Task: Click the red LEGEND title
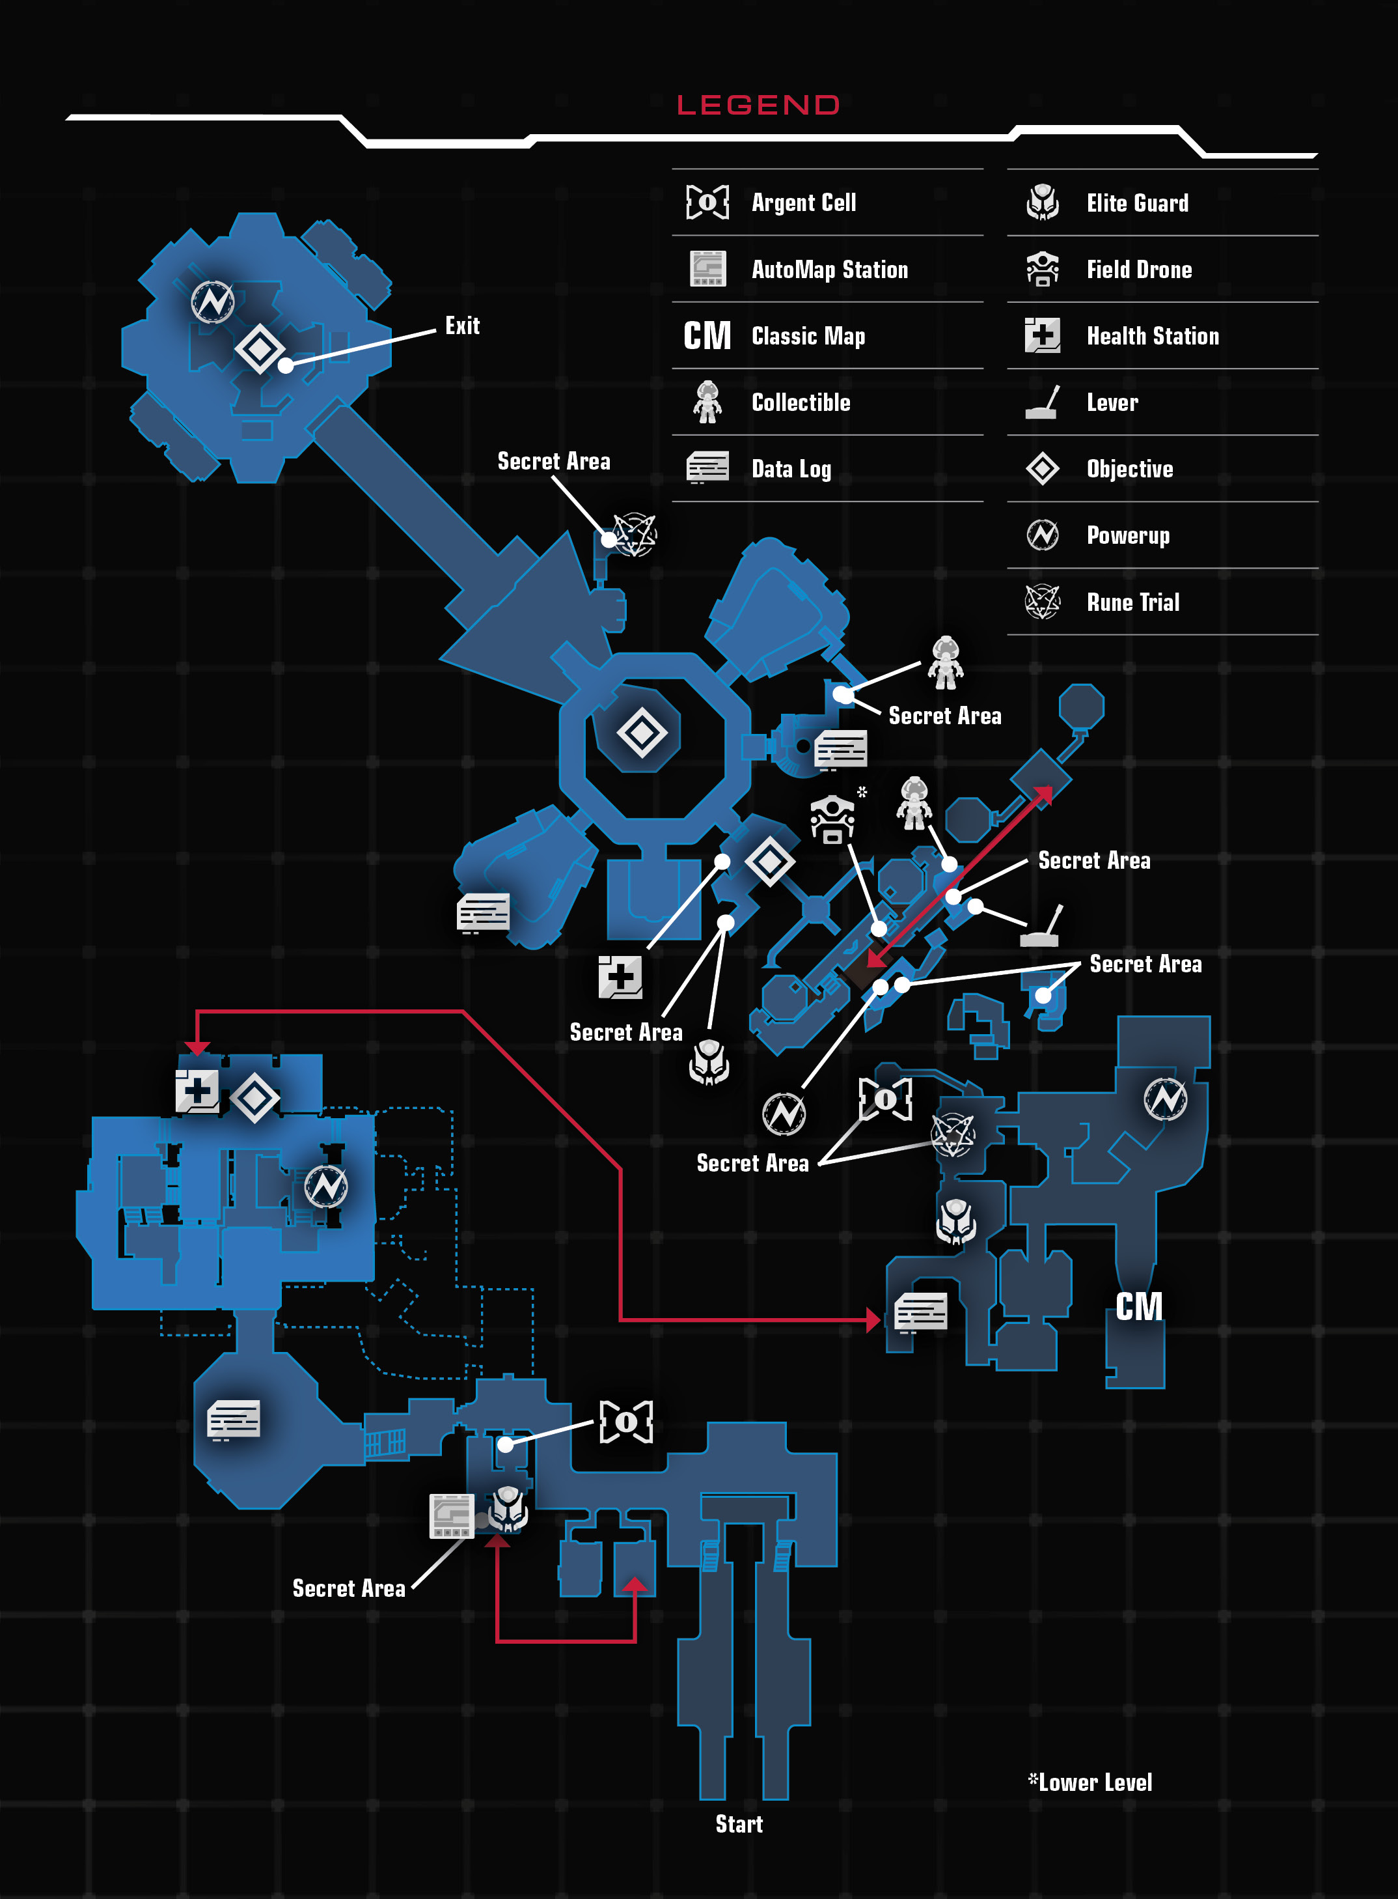[x=758, y=105]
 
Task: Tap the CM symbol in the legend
[x=707, y=336]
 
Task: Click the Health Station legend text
[x=1153, y=336]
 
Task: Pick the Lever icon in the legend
[x=1043, y=402]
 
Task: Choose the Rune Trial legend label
[x=1133, y=602]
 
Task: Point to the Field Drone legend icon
[x=1043, y=269]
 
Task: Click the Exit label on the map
[x=463, y=326]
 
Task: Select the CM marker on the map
[x=1139, y=1306]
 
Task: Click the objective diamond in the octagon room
[x=642, y=733]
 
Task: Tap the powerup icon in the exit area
[x=212, y=302]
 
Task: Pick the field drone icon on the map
[x=832, y=819]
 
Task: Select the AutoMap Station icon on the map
[x=452, y=1515]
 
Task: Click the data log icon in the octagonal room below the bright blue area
[x=234, y=1420]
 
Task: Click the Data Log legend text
[x=791, y=469]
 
